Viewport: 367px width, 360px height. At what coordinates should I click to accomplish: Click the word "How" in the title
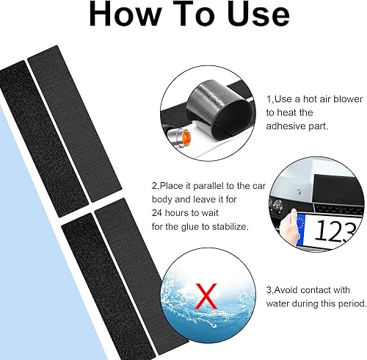pyautogui.click(x=126, y=14)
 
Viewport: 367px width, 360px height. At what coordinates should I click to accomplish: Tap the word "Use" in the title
pyautogui.click(x=258, y=14)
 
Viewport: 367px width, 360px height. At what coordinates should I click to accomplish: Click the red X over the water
pyautogui.click(x=206, y=297)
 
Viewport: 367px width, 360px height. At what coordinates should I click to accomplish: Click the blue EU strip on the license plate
pyautogui.click(x=300, y=229)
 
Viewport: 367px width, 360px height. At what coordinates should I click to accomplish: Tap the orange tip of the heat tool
pyautogui.click(x=186, y=138)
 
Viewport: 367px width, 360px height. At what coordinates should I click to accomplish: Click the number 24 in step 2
pyautogui.click(x=157, y=213)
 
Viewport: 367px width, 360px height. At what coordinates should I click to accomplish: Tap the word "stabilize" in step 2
pyautogui.click(x=230, y=226)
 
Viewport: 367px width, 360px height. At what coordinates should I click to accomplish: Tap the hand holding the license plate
pyautogui.click(x=288, y=227)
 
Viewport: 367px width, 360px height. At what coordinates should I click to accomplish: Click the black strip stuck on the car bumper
pyautogui.click(x=338, y=189)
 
